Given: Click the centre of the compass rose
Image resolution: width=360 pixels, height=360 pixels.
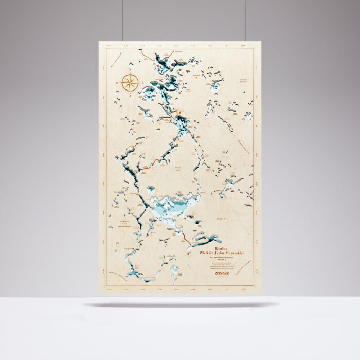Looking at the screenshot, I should [130, 82].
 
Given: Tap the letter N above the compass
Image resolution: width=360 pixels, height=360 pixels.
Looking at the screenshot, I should [130, 70].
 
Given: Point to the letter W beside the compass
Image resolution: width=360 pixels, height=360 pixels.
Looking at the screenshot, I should [118, 82].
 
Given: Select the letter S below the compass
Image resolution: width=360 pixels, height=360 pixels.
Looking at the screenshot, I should [130, 95].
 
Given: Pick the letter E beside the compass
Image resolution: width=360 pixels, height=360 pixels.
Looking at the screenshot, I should [142, 82].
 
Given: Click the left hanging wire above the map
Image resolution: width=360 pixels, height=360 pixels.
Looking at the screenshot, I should [123, 21].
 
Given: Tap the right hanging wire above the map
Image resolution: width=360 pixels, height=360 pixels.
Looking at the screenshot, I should [245, 21].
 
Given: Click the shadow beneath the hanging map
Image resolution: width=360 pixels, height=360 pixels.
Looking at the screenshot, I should [180, 304].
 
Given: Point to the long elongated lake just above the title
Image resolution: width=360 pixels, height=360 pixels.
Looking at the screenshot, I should [208, 240].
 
